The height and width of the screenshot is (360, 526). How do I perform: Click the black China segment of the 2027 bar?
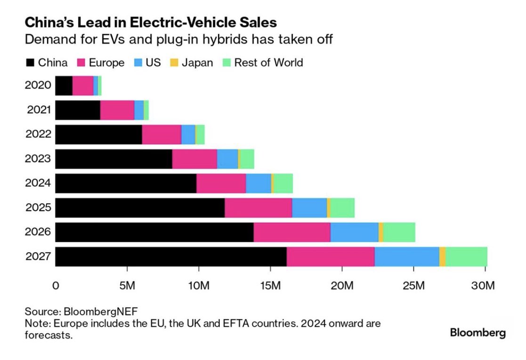click(171, 257)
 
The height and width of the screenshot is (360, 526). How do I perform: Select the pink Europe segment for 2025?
click(258, 208)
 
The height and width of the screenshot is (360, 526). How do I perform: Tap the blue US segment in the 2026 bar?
click(354, 232)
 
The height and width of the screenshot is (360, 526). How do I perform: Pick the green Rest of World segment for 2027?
click(466, 257)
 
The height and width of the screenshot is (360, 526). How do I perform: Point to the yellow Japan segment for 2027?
click(442, 257)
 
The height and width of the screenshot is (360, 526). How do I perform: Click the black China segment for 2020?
click(64, 86)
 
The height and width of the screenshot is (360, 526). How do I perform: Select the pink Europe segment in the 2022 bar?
click(162, 135)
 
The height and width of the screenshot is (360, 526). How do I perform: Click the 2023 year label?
click(39, 159)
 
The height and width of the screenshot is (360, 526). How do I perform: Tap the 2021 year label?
click(39, 110)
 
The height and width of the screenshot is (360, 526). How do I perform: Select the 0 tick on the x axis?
click(56, 285)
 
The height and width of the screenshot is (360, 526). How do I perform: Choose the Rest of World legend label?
click(268, 63)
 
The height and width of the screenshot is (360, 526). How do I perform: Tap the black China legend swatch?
click(31, 63)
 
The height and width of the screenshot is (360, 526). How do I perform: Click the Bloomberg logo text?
click(477, 333)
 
